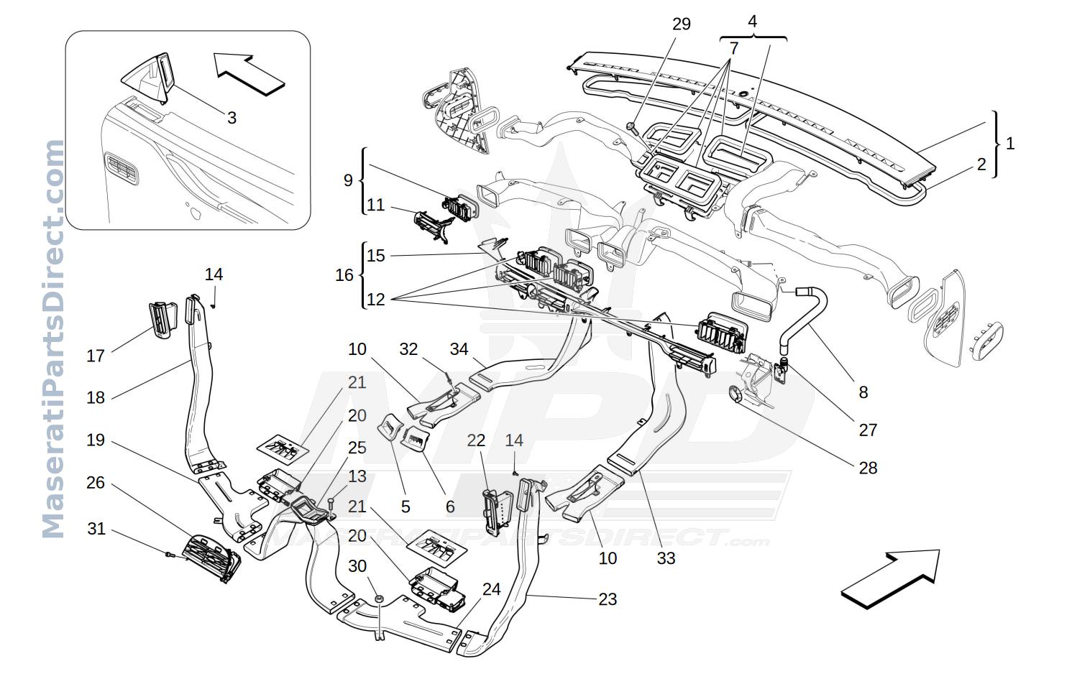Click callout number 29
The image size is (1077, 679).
682,24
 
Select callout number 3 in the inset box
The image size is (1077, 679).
232,118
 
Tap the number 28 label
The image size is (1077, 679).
868,468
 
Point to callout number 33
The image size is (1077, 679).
666,558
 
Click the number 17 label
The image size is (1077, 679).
95,356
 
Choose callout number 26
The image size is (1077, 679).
95,482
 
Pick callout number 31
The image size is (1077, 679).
96,529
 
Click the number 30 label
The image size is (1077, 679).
357,566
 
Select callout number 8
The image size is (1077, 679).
863,392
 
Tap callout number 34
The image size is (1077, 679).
459,349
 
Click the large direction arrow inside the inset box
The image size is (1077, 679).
249,74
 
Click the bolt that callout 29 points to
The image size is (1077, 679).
631,127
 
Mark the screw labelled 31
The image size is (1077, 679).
170,555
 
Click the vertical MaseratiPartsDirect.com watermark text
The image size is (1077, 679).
53,338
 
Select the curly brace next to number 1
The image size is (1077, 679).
996,144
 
